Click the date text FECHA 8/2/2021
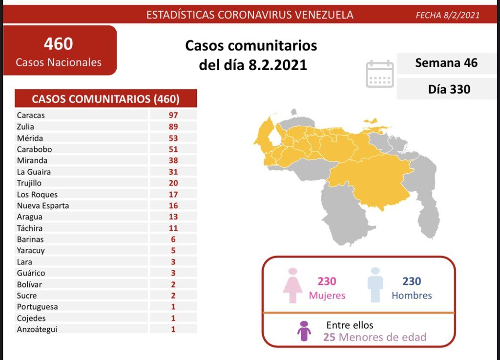[x=447, y=15]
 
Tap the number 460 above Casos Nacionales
[x=59, y=44]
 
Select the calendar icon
[x=380, y=74]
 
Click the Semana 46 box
[x=446, y=63]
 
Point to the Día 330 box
[x=446, y=89]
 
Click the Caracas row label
[x=31, y=115]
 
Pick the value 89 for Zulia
[x=173, y=127]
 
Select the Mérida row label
[x=30, y=138]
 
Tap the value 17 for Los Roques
[x=173, y=194]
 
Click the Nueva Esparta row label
[x=42, y=205]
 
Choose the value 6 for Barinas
[x=173, y=239]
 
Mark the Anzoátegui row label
[x=37, y=329]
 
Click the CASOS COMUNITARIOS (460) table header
[x=105, y=99]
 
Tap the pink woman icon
[x=293, y=285]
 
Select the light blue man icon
[x=375, y=285]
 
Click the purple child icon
[x=304, y=331]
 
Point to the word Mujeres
[x=327, y=296]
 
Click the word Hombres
[x=412, y=296]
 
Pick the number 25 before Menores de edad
[x=329, y=337]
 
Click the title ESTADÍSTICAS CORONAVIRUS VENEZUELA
[x=250, y=15]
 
